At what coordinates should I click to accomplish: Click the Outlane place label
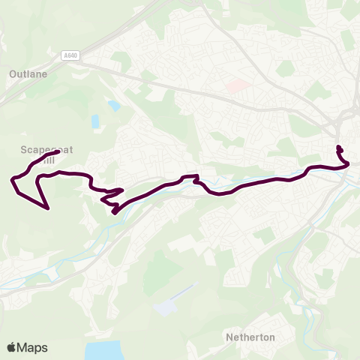pyautogui.click(x=28, y=74)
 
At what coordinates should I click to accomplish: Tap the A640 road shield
pyautogui.click(x=70, y=55)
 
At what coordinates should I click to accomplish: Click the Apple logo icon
pyautogui.click(x=12, y=347)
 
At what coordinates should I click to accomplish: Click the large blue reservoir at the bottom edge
pyautogui.click(x=103, y=351)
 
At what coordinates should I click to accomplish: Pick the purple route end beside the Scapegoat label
pyautogui.click(x=58, y=152)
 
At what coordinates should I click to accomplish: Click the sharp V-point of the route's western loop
pyautogui.click(x=48, y=208)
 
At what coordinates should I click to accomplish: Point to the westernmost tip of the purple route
pyautogui.click(x=11, y=179)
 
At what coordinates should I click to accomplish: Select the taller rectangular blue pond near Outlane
pyautogui.click(x=96, y=121)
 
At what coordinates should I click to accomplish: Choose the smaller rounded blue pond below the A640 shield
pyautogui.click(x=113, y=106)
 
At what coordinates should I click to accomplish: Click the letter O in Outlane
pyautogui.click(x=13, y=74)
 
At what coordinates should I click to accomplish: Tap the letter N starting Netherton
pyautogui.click(x=229, y=337)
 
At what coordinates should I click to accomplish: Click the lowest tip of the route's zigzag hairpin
pyautogui.click(x=114, y=212)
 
